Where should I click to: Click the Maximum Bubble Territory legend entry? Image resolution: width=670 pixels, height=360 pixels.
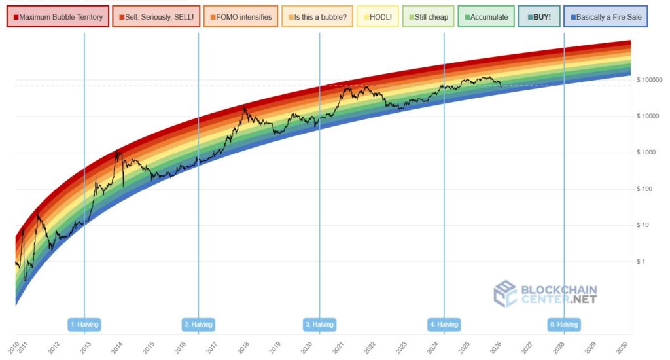tap(58, 17)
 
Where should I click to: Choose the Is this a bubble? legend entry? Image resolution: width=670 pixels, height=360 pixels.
tap(317, 17)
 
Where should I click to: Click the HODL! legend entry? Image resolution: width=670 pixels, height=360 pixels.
tap(377, 17)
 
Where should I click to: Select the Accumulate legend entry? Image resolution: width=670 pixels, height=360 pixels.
tap(485, 17)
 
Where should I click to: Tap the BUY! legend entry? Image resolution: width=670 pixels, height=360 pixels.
tap(538, 17)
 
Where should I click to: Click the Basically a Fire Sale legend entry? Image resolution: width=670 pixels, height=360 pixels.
tap(605, 17)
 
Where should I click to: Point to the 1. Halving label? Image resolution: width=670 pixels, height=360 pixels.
tap(84, 324)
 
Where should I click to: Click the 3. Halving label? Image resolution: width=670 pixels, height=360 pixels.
tap(319, 324)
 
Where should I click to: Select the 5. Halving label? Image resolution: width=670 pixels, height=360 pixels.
tap(564, 324)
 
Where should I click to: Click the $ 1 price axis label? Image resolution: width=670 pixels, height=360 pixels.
tap(642, 262)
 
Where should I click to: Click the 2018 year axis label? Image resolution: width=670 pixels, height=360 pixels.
tap(241, 347)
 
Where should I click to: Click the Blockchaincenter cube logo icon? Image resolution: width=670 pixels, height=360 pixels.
tap(504, 294)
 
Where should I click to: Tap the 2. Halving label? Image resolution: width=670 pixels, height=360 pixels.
tap(198, 324)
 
